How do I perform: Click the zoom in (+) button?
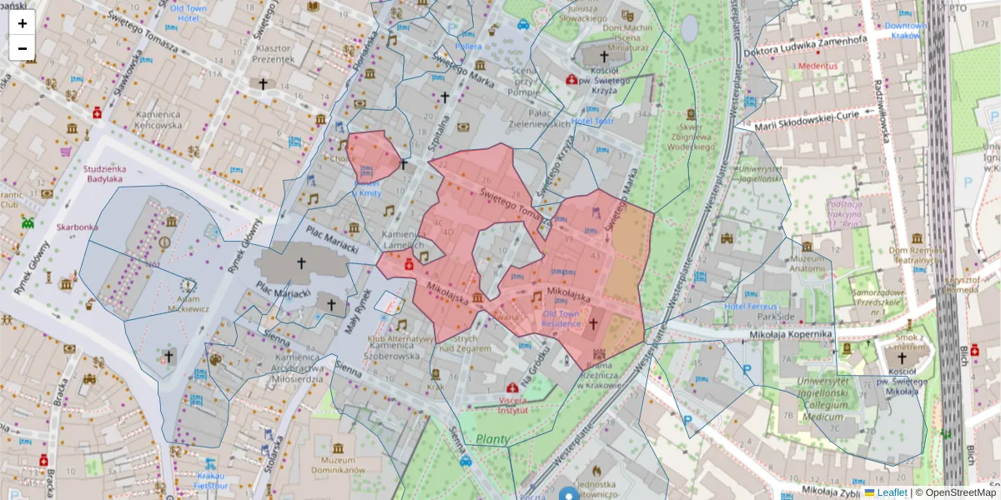(23, 22)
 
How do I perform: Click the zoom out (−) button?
(23, 47)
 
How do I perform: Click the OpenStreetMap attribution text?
(959, 492)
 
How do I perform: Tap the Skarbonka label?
(77, 227)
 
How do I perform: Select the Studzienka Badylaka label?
(103, 173)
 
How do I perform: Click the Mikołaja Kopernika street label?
(782, 334)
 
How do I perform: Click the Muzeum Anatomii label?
(807, 262)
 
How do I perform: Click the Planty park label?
(493, 439)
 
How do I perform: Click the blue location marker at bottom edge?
(569, 494)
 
